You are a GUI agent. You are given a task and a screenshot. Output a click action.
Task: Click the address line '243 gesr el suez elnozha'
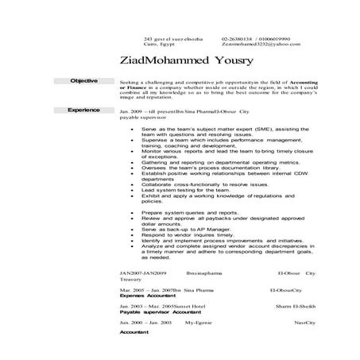168,38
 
